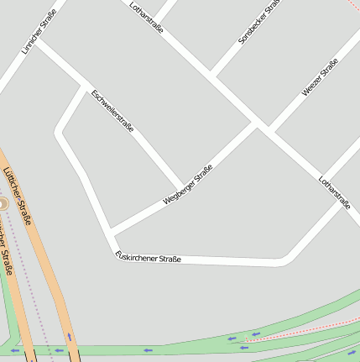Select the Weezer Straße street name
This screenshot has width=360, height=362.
(x=320, y=77)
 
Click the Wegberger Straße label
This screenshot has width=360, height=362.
(x=188, y=185)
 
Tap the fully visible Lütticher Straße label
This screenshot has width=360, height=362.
(x=17, y=196)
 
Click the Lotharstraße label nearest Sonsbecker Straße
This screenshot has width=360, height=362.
(x=146, y=18)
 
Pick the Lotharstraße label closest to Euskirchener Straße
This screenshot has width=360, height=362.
(x=334, y=192)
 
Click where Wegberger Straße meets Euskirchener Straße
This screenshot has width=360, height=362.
(x=109, y=232)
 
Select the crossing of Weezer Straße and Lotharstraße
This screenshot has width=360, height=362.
(x=269, y=128)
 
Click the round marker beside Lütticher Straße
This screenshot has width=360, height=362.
(x=3, y=204)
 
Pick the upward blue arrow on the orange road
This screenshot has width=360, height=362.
(x=69, y=338)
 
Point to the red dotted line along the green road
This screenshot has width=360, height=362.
(x=302, y=328)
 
